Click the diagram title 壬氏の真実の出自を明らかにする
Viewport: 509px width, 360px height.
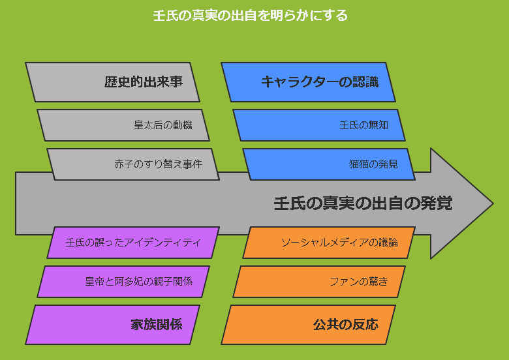(250, 15)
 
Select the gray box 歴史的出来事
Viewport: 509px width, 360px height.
(112, 82)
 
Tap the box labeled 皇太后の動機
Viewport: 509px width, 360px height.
(123, 125)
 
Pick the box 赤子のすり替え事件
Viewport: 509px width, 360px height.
(133, 164)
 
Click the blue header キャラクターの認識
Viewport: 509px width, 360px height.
(308, 82)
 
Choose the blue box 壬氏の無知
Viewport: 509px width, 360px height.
(319, 125)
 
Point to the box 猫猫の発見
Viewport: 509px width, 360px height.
(329, 164)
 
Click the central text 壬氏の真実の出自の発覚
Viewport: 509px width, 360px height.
(363, 203)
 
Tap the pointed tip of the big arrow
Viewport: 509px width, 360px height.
(493, 203)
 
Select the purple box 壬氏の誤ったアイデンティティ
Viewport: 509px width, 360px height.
(133, 243)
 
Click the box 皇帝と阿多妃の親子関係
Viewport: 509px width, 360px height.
(123, 282)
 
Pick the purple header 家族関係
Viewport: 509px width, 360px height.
(112, 325)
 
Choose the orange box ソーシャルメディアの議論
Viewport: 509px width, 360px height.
(329, 243)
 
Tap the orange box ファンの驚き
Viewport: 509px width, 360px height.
(319, 282)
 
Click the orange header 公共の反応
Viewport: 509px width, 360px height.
(308, 325)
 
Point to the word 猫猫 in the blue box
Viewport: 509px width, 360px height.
(358, 164)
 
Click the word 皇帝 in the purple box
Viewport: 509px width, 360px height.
(95, 281)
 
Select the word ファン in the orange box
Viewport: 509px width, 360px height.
(344, 282)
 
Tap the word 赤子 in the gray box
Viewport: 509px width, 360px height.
(124, 164)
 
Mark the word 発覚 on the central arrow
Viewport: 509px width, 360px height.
(437, 203)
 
